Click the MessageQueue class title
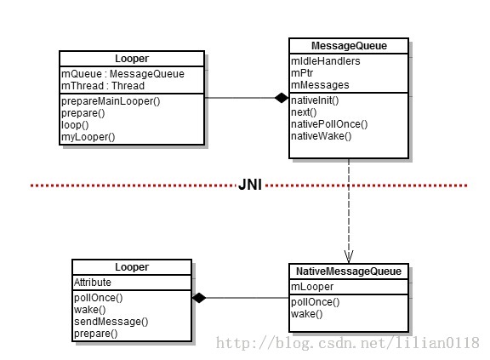click(x=349, y=46)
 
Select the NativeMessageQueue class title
click(x=349, y=271)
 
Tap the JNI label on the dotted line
click(x=250, y=185)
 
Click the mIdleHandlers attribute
click(x=325, y=61)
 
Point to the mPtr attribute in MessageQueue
click(x=302, y=73)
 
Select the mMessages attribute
click(x=320, y=85)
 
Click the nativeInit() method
click(x=315, y=100)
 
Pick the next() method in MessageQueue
click(x=304, y=112)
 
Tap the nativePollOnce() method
click(x=329, y=124)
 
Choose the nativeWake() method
click(x=322, y=136)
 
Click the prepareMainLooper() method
click(x=111, y=101)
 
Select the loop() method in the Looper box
click(x=75, y=125)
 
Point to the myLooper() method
click(x=88, y=137)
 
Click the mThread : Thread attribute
click(x=103, y=86)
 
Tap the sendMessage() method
click(x=111, y=322)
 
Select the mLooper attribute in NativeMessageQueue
click(x=312, y=287)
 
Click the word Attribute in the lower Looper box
click(x=93, y=283)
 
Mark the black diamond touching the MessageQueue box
click(x=282, y=98)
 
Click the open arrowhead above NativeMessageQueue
click(x=349, y=256)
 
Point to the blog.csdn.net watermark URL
click(x=347, y=343)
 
